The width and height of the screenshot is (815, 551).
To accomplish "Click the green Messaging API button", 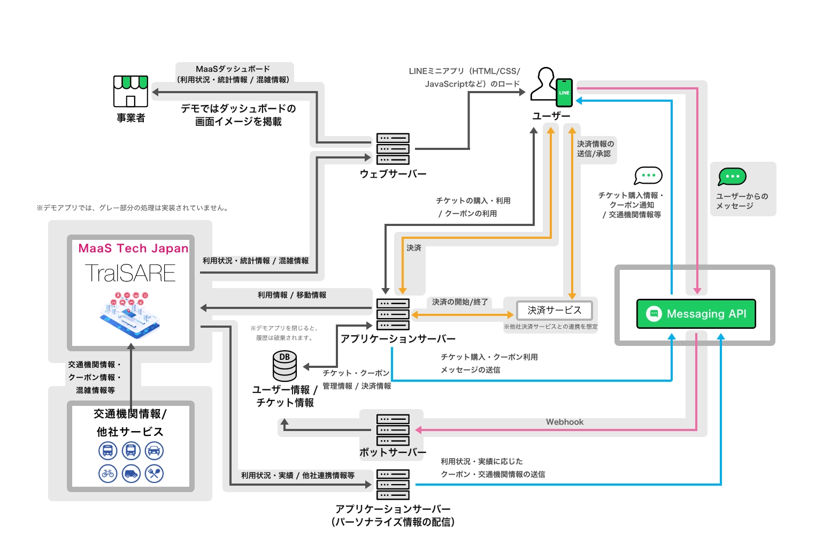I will click(696, 314).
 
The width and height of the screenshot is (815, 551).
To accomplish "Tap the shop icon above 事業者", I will click(130, 91).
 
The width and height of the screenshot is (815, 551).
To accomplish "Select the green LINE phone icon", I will click(564, 93).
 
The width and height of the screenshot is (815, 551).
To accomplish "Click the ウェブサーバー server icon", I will click(393, 149).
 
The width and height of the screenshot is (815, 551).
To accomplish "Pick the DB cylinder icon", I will click(285, 366).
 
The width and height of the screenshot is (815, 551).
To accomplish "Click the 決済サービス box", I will click(554, 310).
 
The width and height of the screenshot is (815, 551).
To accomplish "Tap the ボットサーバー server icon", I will click(393, 430).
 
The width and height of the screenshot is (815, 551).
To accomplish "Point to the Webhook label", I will click(565, 422).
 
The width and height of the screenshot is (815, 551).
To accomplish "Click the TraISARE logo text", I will click(130, 273).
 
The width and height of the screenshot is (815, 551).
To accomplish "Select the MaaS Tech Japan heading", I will click(133, 248).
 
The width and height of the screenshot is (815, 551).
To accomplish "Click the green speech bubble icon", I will click(732, 176).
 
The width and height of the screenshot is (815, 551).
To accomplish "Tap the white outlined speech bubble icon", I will click(648, 176).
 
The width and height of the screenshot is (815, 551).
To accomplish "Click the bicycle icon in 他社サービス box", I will click(108, 473).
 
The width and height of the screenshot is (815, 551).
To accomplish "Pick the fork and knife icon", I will click(154, 473).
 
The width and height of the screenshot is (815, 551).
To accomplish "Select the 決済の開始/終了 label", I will click(460, 302).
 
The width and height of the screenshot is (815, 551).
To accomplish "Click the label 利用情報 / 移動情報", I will click(292, 295).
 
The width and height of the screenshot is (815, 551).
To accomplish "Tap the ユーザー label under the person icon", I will click(551, 116).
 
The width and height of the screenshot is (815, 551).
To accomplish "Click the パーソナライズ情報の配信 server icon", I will click(393, 485).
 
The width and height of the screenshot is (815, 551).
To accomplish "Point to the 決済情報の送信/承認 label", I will click(595, 149).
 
